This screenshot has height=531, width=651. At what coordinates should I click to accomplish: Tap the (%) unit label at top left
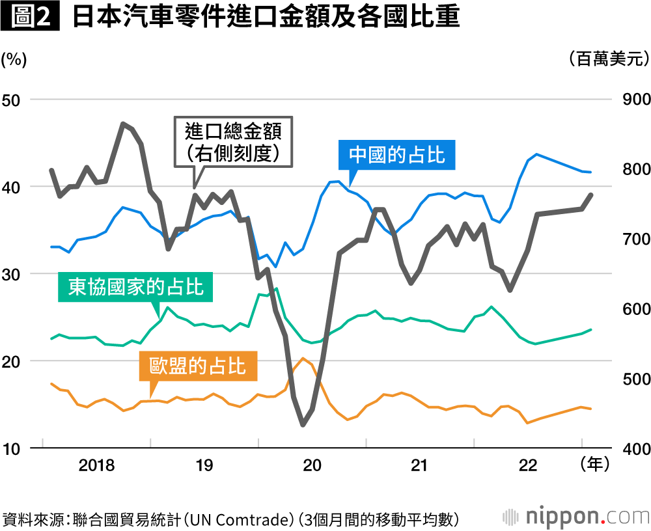[x=14, y=60]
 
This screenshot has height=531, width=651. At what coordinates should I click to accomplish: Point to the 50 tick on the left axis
[x=13, y=100]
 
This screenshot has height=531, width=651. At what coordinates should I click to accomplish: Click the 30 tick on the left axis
[x=13, y=274]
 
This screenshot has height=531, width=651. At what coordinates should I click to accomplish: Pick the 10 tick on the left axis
[x=13, y=448]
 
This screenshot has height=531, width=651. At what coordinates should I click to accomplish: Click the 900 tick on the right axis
[x=630, y=100]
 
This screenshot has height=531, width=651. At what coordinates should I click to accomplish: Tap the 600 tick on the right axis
[x=630, y=309]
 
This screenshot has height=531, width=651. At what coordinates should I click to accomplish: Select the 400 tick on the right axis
[x=630, y=448]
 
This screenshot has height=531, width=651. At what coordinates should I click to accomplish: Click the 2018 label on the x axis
[x=96, y=466]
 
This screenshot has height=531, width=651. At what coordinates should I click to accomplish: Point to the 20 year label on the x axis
[x=312, y=466]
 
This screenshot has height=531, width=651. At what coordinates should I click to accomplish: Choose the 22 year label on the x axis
[x=528, y=466]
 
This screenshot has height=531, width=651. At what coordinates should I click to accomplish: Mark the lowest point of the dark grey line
[x=303, y=425]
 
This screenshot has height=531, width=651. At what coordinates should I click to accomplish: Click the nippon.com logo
[x=577, y=517]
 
